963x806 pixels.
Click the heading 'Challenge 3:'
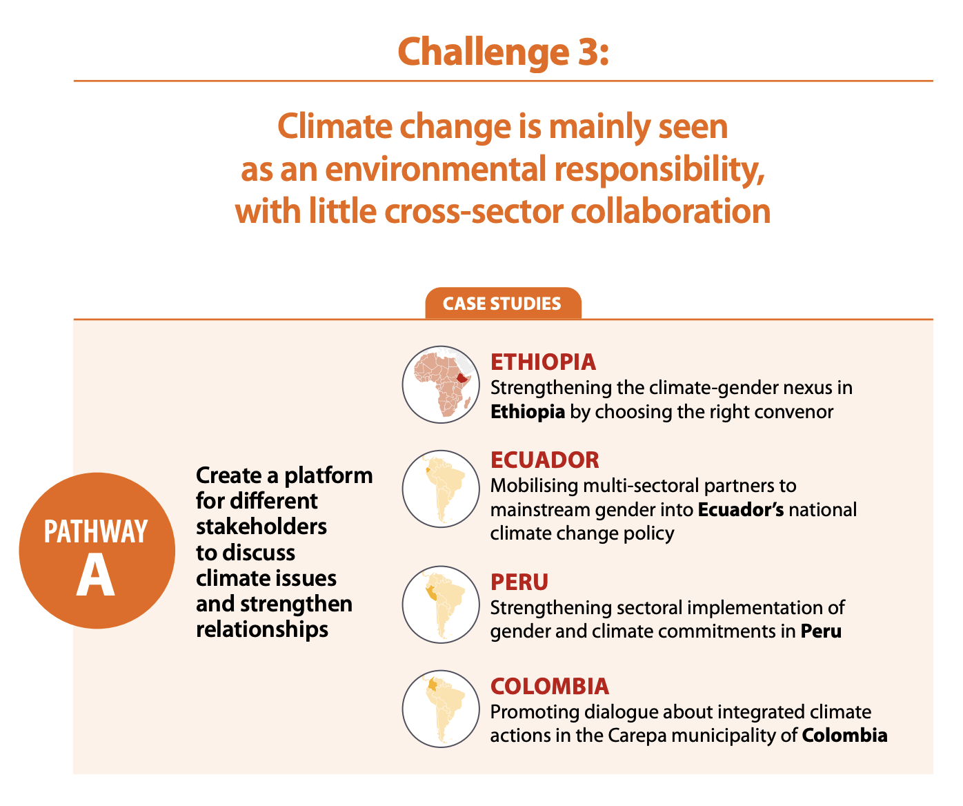[503, 50]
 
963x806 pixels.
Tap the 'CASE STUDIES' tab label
[502, 304]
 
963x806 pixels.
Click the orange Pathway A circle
[96, 551]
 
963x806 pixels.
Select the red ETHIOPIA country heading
[543, 362]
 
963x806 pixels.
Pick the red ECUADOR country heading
[545, 460]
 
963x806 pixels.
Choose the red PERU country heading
[519, 582]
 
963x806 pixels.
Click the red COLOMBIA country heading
[550, 686]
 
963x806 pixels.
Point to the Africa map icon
[441, 384]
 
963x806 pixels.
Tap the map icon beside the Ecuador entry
[441, 489]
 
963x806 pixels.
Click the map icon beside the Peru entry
[441, 604]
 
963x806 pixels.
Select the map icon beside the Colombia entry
[441, 709]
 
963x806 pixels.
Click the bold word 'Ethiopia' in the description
[528, 412]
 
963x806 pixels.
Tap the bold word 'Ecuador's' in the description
[741, 510]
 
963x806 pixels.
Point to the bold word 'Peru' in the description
[821, 631]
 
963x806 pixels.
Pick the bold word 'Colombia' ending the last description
[844, 735]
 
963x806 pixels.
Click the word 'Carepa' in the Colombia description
[637, 735]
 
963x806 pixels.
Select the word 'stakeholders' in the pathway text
[261, 527]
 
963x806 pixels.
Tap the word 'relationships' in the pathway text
[262, 629]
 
